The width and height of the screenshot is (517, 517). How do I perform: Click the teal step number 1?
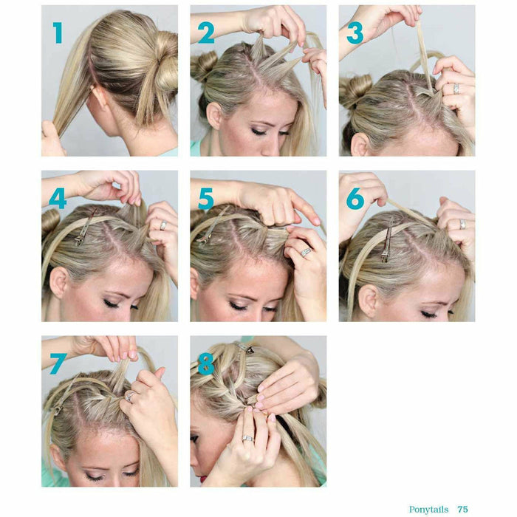[x=58, y=32]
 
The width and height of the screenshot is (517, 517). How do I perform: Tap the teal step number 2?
[x=206, y=33]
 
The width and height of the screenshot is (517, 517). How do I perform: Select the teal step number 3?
[x=355, y=33]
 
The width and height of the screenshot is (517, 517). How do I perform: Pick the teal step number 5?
[x=206, y=199]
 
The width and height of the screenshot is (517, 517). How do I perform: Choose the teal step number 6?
[x=355, y=199]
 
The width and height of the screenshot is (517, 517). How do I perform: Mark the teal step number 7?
[x=58, y=363]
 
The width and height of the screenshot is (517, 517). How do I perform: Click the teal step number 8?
[x=206, y=363]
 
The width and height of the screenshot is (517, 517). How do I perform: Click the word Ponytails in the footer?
[x=428, y=510]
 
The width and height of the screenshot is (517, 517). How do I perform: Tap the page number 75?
[x=462, y=509]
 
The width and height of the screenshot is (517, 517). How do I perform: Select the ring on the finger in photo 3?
[x=456, y=89]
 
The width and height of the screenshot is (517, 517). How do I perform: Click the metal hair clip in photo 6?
[x=387, y=241]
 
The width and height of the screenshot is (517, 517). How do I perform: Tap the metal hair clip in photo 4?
[x=85, y=227]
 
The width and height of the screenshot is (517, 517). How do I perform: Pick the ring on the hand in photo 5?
[x=305, y=253]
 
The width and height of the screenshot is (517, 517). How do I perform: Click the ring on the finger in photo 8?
[x=248, y=438]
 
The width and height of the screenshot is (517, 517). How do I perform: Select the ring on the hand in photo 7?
[x=129, y=396]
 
